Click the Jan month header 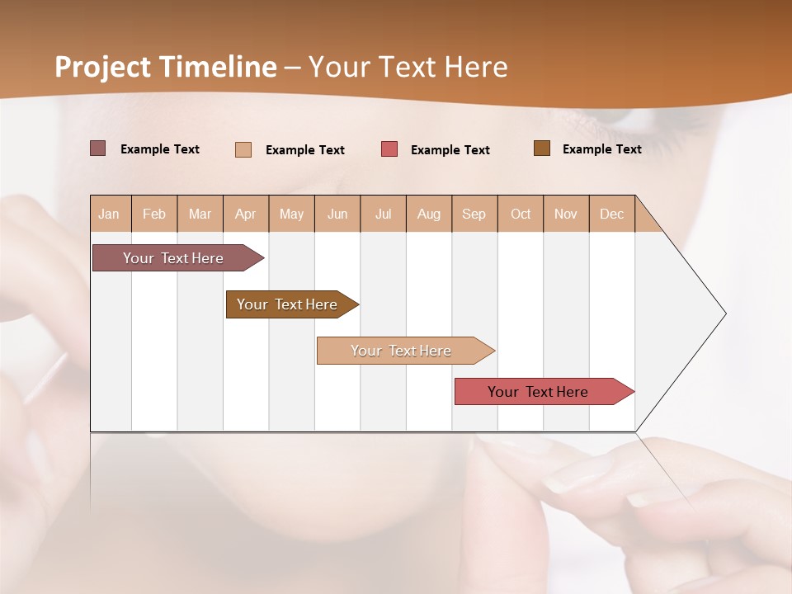(x=110, y=214)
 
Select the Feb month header (x=154, y=214)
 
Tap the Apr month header (x=246, y=214)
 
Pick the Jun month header (x=337, y=214)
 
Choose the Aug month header (x=429, y=214)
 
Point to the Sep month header (x=474, y=214)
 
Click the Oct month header (x=521, y=214)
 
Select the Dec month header (x=612, y=214)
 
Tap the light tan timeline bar (x=402, y=351)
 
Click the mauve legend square (x=97, y=148)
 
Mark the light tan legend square (x=243, y=149)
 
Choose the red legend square (x=389, y=149)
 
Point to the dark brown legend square (x=542, y=148)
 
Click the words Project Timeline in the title (x=166, y=67)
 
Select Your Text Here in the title (x=408, y=67)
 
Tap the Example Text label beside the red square (x=450, y=150)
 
